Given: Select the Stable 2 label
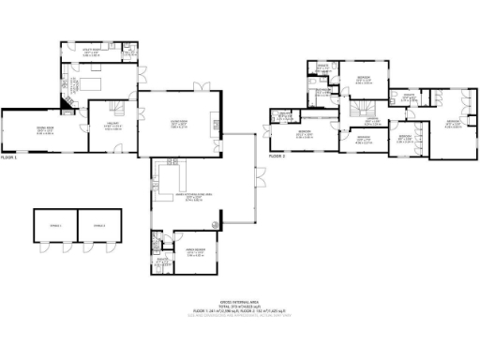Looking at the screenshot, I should click(x=97, y=225).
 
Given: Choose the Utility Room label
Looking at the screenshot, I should click(x=91, y=53).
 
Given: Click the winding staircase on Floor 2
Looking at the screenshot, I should click(x=359, y=110).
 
